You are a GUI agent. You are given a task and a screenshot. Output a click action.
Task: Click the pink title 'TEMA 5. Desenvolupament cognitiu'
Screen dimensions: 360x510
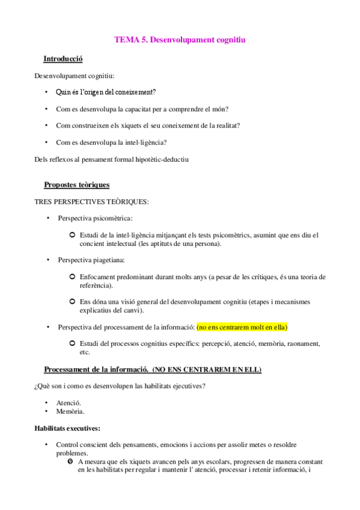click(180, 40)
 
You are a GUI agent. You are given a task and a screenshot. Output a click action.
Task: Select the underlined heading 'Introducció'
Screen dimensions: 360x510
click(63, 59)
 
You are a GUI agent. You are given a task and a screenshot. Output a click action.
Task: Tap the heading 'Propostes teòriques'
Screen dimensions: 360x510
click(77, 185)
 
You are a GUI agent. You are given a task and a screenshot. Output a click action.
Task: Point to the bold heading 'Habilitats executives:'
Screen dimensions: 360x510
click(68, 428)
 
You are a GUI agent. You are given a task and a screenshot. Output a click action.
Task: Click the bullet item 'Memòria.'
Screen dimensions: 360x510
click(70, 411)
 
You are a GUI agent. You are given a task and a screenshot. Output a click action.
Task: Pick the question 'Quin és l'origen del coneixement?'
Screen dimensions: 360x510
click(106, 92)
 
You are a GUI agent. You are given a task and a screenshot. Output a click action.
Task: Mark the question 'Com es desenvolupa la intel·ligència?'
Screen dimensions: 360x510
click(111, 143)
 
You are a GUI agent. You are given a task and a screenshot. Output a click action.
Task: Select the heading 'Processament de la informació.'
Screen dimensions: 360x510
click(96, 369)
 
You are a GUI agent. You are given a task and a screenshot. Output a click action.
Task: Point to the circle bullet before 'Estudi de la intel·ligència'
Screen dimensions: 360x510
click(72, 235)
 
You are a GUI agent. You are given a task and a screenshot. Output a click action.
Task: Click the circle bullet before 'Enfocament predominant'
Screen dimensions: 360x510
click(72, 277)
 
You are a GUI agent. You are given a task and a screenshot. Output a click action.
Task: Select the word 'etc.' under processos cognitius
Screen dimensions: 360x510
click(85, 352)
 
